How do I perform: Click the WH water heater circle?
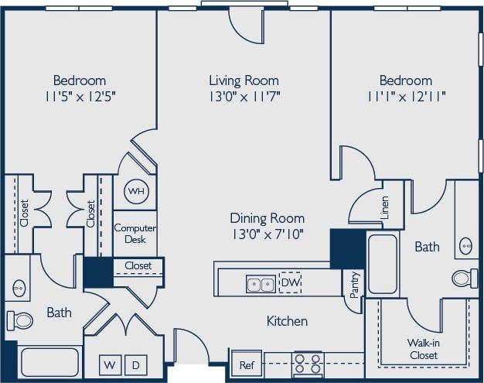135,191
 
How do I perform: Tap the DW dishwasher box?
291,283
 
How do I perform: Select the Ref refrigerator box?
246,364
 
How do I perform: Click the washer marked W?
111,364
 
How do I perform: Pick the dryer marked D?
135,364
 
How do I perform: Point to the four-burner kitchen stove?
307,364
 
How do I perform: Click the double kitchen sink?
260,284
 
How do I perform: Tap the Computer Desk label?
135,234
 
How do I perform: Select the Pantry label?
354,284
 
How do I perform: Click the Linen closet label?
384,207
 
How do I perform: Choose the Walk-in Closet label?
423,349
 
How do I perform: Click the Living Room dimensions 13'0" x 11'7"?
244,97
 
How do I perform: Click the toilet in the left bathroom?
19,320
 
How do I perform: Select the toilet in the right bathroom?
464,278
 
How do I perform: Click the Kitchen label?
287,321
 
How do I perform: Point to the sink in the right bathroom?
466,245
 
